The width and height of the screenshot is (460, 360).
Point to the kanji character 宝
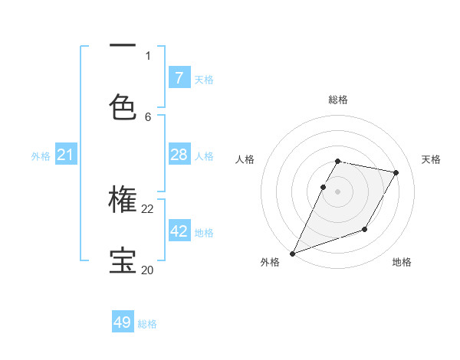pos(123,260)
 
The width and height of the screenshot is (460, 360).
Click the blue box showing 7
pos(179,77)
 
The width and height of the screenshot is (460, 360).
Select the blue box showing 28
pos(179,155)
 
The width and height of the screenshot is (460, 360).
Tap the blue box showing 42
pos(179,231)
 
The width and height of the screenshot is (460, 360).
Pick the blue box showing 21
pos(65,155)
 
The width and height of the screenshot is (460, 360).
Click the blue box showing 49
pos(123,322)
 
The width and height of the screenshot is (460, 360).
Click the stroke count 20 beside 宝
pos(147,270)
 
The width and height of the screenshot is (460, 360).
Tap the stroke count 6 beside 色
pos(148,117)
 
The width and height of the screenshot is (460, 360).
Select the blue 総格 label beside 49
pos(148,324)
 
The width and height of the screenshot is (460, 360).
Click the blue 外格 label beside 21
pos(41,156)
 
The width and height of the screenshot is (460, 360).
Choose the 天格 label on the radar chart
pos(431,159)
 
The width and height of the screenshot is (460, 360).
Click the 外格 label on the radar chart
pos(270,263)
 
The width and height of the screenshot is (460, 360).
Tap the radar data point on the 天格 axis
pos(396,173)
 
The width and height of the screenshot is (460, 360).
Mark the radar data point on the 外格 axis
pos(292,254)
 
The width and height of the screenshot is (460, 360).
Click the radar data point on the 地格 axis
pos(365,229)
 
